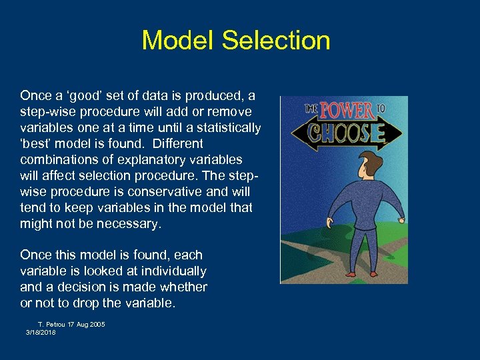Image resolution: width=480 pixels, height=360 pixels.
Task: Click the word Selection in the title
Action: point(276,41)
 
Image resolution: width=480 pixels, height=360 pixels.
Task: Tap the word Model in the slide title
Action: point(178,41)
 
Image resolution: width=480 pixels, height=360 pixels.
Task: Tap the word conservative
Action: point(166,191)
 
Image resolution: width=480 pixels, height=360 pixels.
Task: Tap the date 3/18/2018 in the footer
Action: point(41,332)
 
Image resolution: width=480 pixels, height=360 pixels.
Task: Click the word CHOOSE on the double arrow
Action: point(345,134)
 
